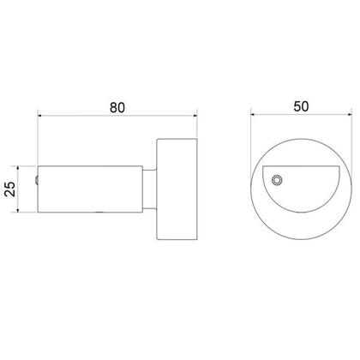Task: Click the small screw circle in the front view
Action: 276,179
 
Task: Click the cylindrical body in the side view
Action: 90,188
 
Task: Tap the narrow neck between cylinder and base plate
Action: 149,188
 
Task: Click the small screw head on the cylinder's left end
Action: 37,180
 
